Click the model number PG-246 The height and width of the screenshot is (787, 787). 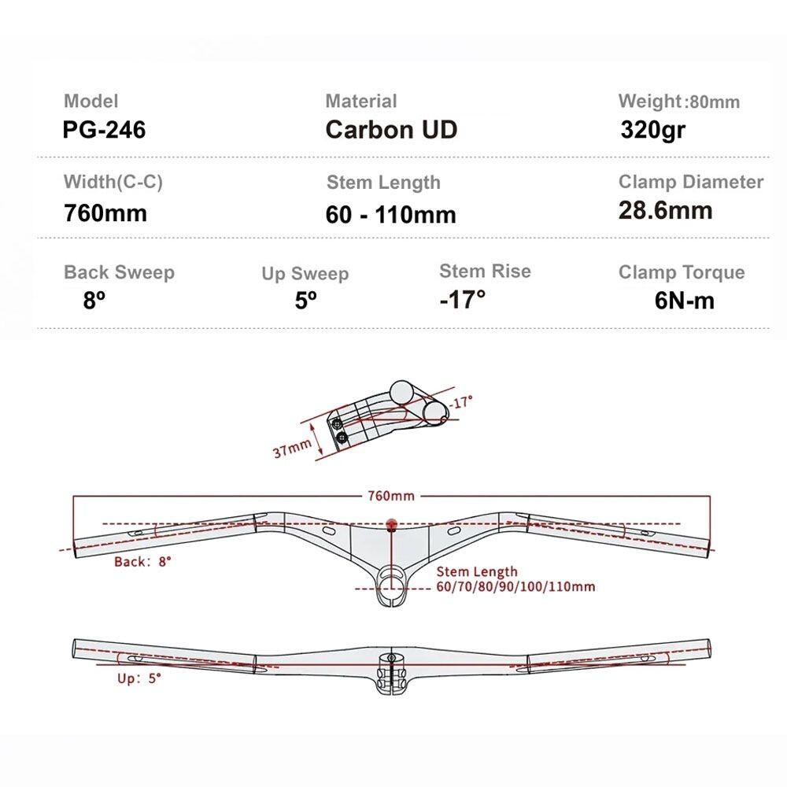(104, 130)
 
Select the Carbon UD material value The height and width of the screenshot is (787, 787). (391, 130)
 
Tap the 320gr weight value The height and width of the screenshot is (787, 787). (652, 130)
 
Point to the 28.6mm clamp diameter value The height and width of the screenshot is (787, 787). (665, 210)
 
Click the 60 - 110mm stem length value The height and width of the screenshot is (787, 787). (390, 215)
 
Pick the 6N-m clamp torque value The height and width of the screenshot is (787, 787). (684, 301)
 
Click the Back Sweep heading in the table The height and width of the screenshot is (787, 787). (119, 272)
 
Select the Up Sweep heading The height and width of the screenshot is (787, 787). (305, 274)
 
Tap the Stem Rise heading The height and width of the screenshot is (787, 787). (485, 271)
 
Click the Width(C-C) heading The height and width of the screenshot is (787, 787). (113, 182)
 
